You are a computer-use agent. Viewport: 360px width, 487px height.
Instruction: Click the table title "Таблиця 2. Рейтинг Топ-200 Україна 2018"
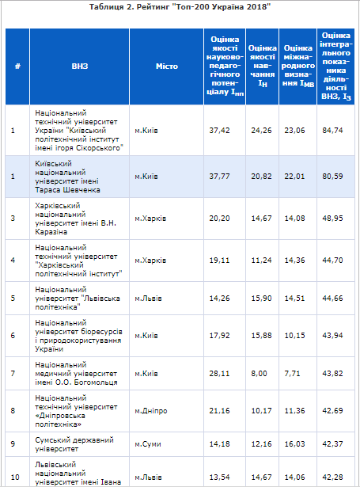point(180,7)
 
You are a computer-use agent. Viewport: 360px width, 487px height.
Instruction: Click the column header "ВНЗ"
point(80,67)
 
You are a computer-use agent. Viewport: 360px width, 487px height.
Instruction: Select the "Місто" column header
point(167,67)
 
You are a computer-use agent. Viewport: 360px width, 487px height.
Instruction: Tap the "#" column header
point(17,67)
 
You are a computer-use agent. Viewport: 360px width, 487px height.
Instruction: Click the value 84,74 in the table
point(332,131)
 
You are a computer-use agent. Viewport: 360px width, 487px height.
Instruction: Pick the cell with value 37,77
point(219,177)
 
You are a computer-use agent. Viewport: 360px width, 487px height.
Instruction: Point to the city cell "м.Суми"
point(148,444)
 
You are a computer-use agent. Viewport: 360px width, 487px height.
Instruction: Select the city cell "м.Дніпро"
point(151,411)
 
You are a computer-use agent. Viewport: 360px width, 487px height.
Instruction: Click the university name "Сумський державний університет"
point(74,444)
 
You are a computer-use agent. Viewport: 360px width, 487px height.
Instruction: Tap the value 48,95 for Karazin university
point(332,219)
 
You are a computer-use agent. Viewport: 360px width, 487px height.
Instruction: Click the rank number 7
point(13,373)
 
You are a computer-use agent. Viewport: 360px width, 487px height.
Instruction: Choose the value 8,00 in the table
point(260,373)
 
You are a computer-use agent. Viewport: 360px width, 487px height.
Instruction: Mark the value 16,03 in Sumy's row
point(294,444)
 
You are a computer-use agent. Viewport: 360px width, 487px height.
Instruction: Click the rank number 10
point(15,477)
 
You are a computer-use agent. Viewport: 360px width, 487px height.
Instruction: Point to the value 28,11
point(219,373)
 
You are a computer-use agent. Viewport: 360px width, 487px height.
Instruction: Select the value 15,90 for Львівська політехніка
point(261,299)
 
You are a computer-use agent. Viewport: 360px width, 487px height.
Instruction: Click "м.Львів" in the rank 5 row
point(148,299)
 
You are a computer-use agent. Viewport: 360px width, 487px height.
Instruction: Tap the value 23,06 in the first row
point(294,131)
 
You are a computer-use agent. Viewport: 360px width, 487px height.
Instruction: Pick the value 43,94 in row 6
point(332,336)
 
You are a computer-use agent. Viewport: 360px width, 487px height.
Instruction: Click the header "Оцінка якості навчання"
point(262,66)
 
